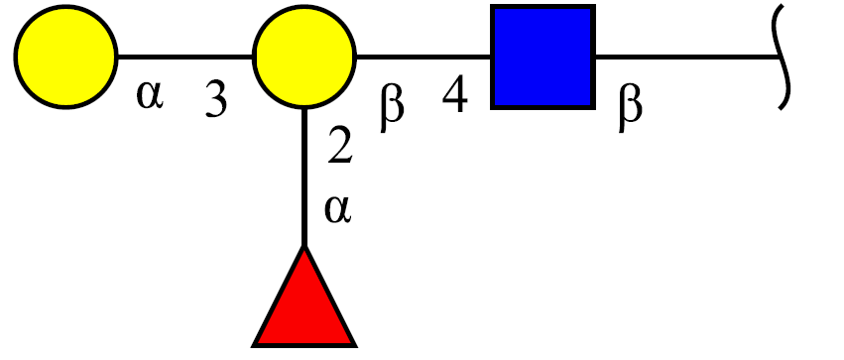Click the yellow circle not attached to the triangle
(65, 57)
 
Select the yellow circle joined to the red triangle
(304, 57)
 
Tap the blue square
(543, 57)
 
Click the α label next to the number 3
(149, 96)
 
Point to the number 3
(216, 99)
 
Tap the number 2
(339, 147)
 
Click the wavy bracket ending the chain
(782, 57)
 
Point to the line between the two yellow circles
(185, 56)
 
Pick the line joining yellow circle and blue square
(423, 56)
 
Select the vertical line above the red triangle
(304, 178)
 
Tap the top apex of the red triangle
(304, 247)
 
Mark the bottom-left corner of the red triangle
(254, 345)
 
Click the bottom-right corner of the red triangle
(355, 345)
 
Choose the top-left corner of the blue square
(492, 5)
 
